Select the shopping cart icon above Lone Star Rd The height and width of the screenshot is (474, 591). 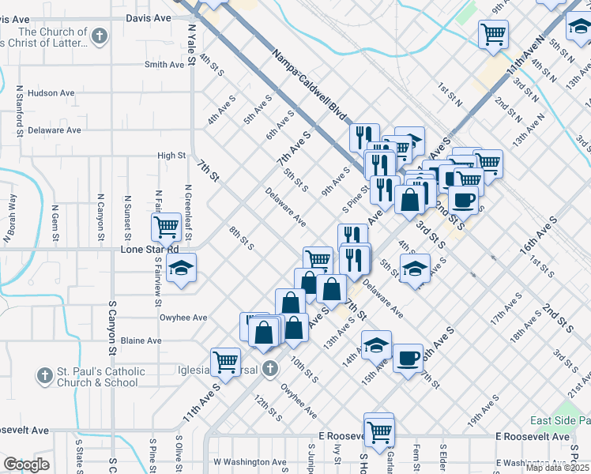click(166, 227)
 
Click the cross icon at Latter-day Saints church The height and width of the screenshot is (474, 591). click(99, 35)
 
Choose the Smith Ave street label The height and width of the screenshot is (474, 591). click(164, 65)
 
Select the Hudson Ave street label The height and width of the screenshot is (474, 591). click(51, 93)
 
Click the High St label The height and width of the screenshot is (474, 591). click(171, 156)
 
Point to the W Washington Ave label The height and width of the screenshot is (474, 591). click(250, 462)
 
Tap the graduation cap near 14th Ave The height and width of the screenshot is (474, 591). click(377, 344)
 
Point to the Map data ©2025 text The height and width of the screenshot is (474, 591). click(558, 468)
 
